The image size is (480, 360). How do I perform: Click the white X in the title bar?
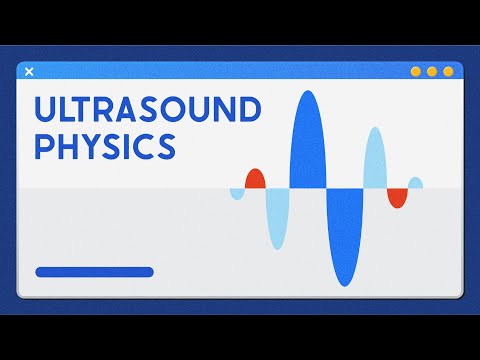click(29, 71)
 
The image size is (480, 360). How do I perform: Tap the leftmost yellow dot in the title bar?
click(417, 72)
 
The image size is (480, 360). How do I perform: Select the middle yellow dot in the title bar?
click(433, 72)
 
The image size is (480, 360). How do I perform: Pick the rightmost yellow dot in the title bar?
click(449, 72)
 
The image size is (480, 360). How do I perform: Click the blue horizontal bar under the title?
click(94, 271)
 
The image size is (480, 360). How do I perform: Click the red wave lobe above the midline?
click(255, 180)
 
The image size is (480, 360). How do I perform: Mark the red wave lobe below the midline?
click(398, 196)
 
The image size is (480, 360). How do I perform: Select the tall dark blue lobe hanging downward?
click(345, 236)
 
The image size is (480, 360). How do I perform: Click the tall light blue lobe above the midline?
click(375, 158)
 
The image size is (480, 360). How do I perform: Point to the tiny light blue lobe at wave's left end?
click(237, 192)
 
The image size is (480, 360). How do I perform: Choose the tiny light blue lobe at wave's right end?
click(416, 183)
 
